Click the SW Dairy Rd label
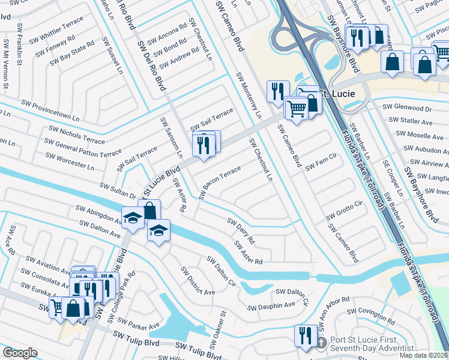[241, 230]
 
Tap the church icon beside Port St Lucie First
[321, 343]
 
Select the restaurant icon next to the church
[306, 335]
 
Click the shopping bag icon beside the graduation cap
[149, 211]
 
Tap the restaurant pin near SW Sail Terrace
[204, 144]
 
